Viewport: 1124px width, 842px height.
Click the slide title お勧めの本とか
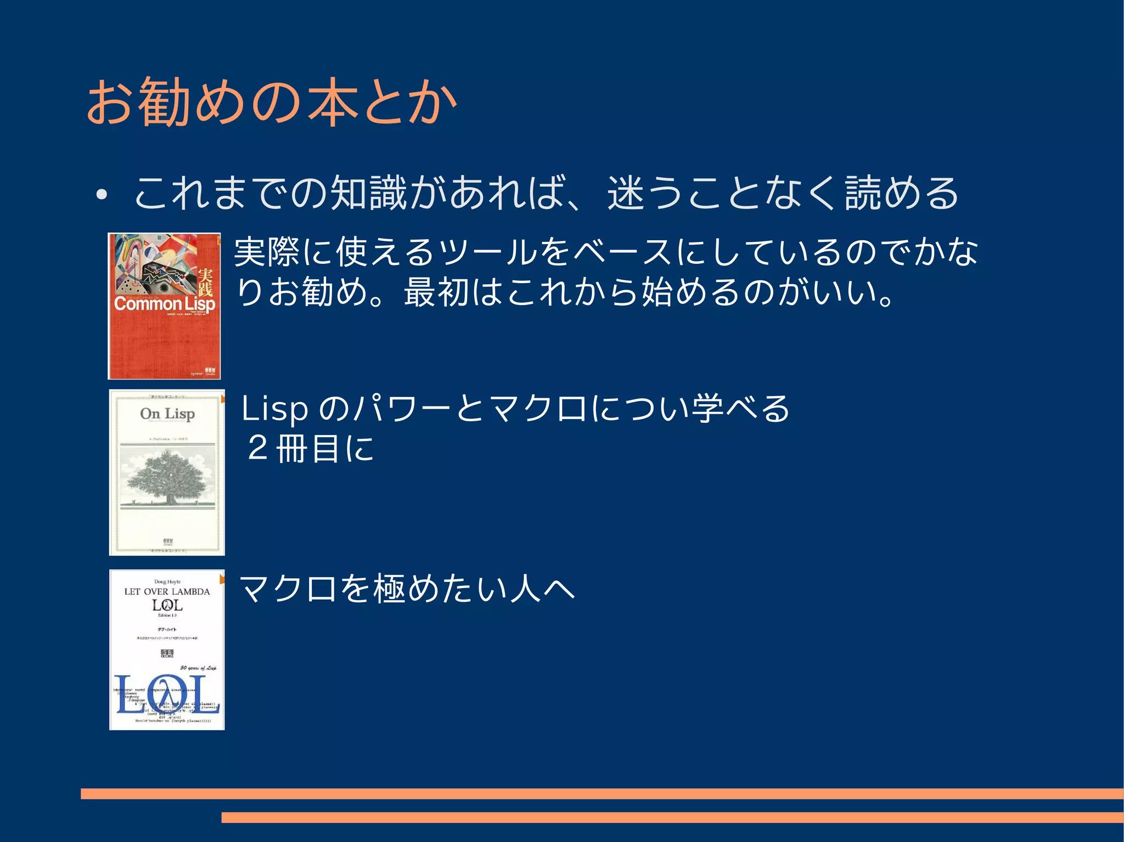[272, 102]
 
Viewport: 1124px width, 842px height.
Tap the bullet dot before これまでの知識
[100, 195]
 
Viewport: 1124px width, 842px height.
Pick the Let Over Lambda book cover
[167, 650]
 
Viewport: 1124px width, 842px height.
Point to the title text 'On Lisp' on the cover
[167, 414]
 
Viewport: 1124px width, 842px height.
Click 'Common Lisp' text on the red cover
[164, 303]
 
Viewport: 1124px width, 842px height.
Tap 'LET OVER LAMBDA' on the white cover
[167, 591]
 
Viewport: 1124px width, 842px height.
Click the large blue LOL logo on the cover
[167, 696]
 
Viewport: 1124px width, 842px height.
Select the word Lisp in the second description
[274, 409]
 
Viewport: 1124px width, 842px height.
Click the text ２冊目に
[310, 448]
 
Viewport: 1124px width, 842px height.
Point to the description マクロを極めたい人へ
[407, 589]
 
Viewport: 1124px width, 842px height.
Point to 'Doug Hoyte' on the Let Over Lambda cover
[167, 581]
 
